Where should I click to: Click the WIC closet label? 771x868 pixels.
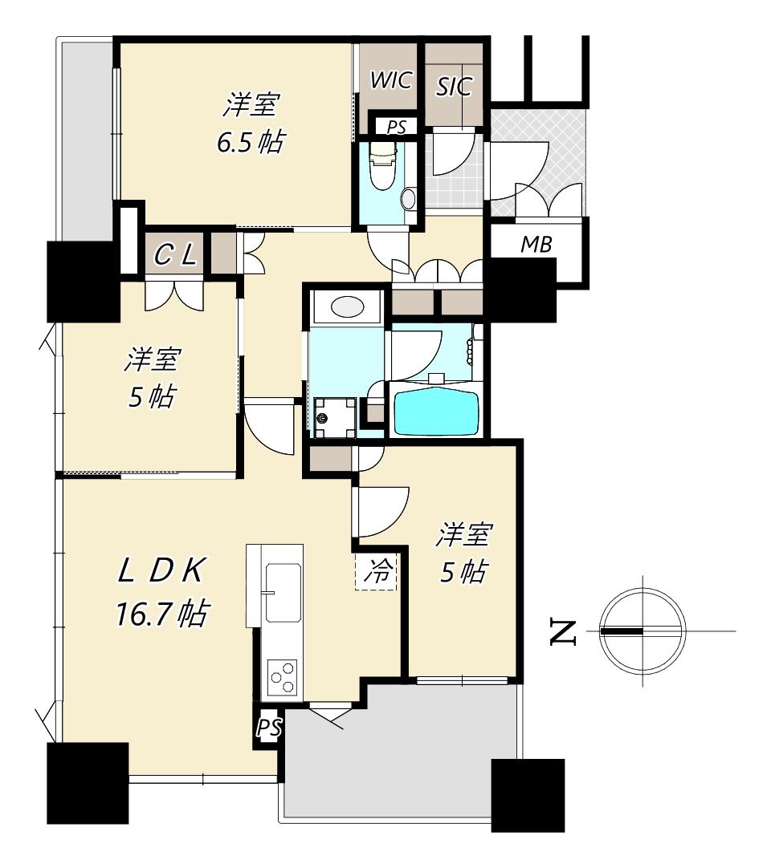[391, 79]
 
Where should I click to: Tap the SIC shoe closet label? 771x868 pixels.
[454, 87]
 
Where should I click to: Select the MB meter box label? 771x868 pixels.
[536, 244]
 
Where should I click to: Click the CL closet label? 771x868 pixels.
[174, 255]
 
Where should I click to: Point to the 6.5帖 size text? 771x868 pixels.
[251, 143]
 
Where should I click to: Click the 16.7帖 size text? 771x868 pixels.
[162, 614]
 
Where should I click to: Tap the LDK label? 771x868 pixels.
[161, 570]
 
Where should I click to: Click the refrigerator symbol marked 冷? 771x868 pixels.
[377, 571]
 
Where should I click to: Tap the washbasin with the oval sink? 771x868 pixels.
[346, 306]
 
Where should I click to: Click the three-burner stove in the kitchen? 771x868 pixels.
[282, 676]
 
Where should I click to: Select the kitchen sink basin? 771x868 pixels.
[283, 593]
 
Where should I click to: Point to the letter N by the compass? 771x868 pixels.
[563, 633]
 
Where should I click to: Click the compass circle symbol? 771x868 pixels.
[643, 631]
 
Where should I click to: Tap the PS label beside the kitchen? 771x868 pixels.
[269, 728]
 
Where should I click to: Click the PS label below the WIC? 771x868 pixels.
[396, 128]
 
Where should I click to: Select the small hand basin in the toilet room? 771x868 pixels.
[409, 199]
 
